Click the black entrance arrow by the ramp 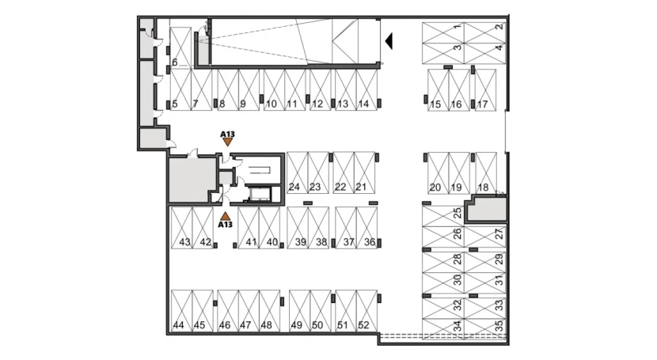389,41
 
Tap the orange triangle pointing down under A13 227,142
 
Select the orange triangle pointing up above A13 226,216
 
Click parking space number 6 181,47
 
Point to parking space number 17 486,90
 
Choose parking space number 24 298,172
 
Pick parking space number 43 181,228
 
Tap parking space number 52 366,311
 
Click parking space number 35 485,329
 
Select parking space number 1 443,32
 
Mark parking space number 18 486,172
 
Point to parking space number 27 485,237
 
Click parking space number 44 181,311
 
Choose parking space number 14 366,90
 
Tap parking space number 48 269,311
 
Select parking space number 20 438,172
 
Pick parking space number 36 366,228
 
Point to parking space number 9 249,90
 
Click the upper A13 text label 227,135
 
